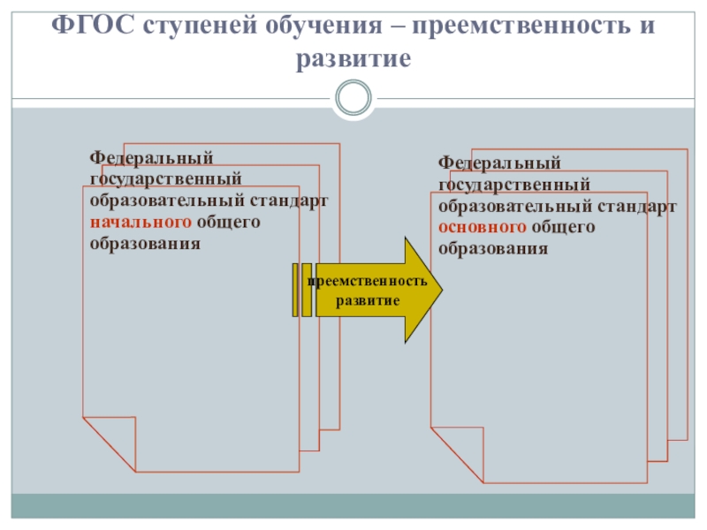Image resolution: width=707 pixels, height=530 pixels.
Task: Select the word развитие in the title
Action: pos(353,58)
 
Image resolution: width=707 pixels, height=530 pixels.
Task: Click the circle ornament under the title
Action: pos(353,96)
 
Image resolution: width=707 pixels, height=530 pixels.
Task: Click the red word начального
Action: pos(140,222)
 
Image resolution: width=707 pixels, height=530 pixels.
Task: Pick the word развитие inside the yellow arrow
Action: pos(368,300)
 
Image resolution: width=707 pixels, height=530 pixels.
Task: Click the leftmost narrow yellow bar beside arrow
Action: pos(295,290)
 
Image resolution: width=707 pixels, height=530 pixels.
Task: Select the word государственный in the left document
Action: pos(165,179)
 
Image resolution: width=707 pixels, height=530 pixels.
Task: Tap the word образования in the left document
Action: pos(145,243)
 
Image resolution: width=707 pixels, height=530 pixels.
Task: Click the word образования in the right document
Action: pos(493,249)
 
